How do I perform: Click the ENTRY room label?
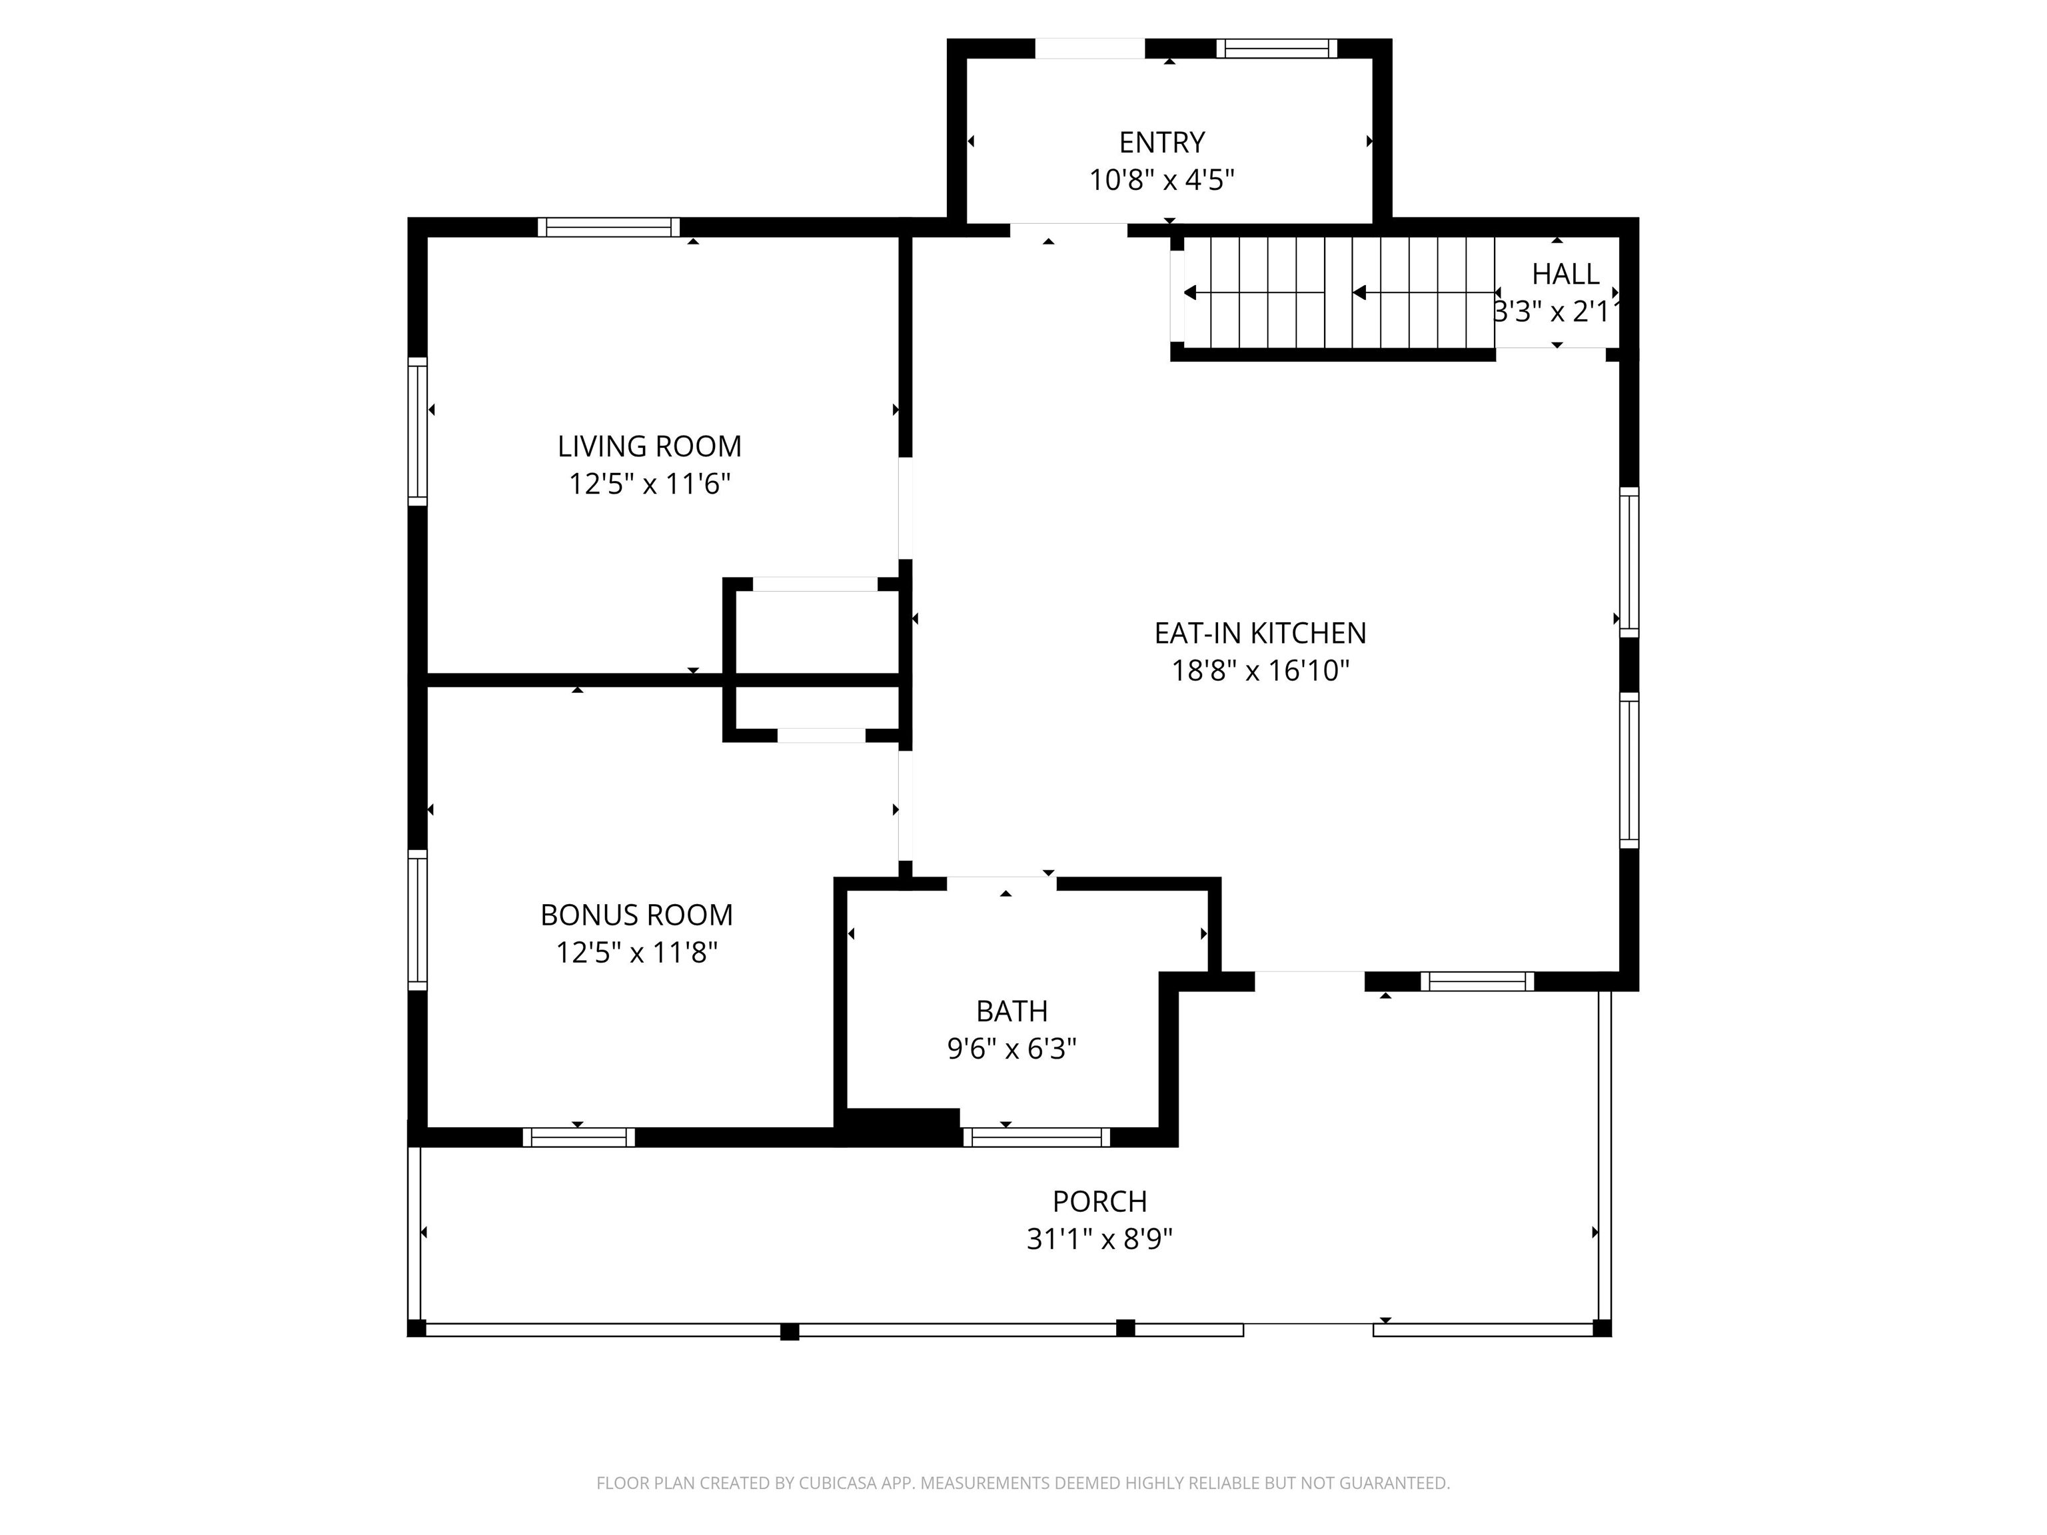1161,143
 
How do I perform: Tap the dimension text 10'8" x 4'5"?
1161,179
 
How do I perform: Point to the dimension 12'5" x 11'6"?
649,484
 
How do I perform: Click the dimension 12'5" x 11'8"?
636,952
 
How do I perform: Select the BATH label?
1012,1011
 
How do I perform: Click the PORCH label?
1099,1202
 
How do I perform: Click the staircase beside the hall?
1337,292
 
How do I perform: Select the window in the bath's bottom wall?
1035,1137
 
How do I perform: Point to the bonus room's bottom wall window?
578,1137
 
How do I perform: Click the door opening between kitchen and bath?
1002,883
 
